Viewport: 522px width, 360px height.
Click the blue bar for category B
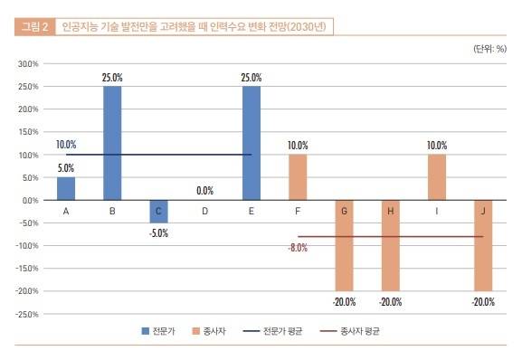coord(112,143)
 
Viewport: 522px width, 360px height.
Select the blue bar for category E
coord(252,143)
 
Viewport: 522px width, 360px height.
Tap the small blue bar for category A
coord(66,188)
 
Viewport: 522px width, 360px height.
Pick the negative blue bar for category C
coord(158,211)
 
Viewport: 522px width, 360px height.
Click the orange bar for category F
coord(298,177)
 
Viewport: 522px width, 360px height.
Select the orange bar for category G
coord(344,245)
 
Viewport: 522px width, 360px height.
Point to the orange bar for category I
coord(437,177)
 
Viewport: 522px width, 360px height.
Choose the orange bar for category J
coord(483,245)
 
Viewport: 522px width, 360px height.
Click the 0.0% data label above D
coord(204,191)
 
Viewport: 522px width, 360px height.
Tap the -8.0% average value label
coord(298,247)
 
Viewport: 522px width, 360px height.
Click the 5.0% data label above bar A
coord(66,167)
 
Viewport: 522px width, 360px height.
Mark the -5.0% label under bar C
coord(158,232)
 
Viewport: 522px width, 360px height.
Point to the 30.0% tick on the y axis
coord(27,64)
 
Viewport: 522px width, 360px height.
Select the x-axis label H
coord(390,211)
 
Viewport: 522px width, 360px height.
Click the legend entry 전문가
coord(166,332)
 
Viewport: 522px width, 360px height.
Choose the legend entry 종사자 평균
coord(356,332)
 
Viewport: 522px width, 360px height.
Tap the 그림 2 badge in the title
coord(34,28)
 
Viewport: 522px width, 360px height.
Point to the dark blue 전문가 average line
coord(181,155)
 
